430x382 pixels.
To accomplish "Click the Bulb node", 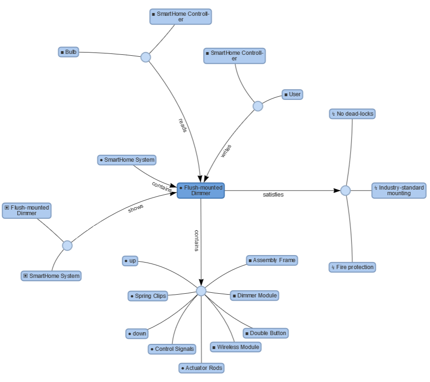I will coord(68,52).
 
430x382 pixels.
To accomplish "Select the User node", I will coord(292,94).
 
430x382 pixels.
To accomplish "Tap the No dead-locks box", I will coord(352,114).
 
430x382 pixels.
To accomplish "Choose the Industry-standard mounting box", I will coord(398,191).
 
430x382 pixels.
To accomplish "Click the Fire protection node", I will coord(352,267).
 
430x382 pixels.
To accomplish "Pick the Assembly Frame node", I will coord(272,260).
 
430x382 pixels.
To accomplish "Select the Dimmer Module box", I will coord(254,296).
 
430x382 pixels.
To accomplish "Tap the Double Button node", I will coord(265,333).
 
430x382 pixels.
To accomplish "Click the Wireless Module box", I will coord(236,347).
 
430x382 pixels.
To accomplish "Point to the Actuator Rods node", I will coord(201,368).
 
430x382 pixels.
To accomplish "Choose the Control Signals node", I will coord(172,349).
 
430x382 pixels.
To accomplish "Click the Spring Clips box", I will coord(147,296).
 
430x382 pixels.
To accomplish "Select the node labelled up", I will coord(130,261).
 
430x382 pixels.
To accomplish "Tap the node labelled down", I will coord(137,333).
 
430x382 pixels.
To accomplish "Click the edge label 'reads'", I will coord(183,125).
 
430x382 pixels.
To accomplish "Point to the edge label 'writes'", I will coord(226,151).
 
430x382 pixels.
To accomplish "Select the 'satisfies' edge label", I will coord(273,195).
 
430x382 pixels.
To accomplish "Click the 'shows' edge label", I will coord(136,209).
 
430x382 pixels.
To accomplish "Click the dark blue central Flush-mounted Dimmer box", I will coord(201,191).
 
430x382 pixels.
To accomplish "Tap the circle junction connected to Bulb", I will coord(146,57).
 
